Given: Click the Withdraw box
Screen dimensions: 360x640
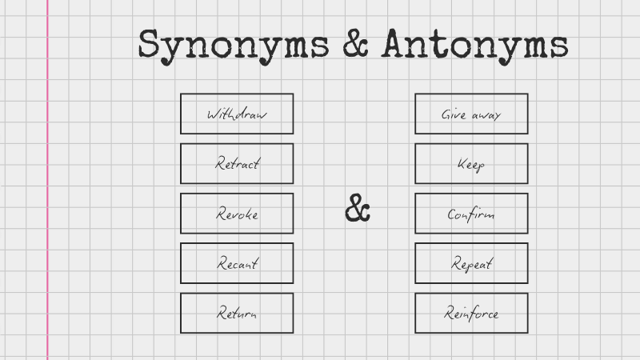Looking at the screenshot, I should click(237, 114).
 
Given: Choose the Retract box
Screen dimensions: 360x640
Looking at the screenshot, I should click(237, 163).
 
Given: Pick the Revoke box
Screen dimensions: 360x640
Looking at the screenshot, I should click(237, 214).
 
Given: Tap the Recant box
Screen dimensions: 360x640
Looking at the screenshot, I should click(237, 263).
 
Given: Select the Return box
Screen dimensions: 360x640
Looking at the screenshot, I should click(237, 313).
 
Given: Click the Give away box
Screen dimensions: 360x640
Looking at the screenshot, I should click(471, 114).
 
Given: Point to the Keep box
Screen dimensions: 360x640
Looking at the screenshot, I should click(471, 163).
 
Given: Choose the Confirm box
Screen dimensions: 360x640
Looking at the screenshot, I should click(471, 214).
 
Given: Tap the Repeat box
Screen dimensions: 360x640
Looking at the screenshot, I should click(471, 263).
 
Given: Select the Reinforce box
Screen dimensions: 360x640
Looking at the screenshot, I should click(471, 313).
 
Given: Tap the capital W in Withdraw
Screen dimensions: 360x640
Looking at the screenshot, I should click(213, 114).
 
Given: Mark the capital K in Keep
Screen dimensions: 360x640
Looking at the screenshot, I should click(462, 163).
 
